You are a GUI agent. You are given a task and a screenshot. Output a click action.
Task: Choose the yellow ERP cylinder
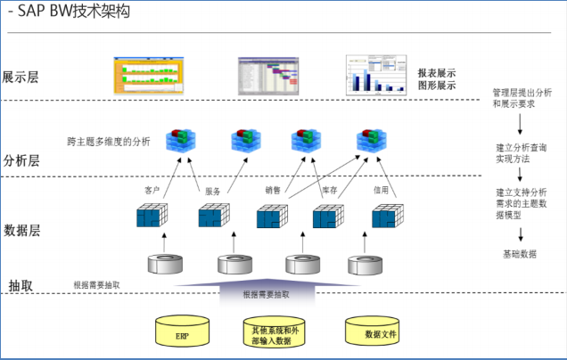[183, 333]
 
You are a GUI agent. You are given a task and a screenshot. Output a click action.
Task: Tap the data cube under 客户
[152, 217]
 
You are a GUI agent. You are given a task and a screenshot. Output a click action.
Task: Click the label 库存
[329, 190]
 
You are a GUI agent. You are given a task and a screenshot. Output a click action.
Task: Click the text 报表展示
[437, 71]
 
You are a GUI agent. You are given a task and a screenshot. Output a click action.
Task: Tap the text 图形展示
[437, 86]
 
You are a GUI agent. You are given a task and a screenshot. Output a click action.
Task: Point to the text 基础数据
[520, 254]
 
